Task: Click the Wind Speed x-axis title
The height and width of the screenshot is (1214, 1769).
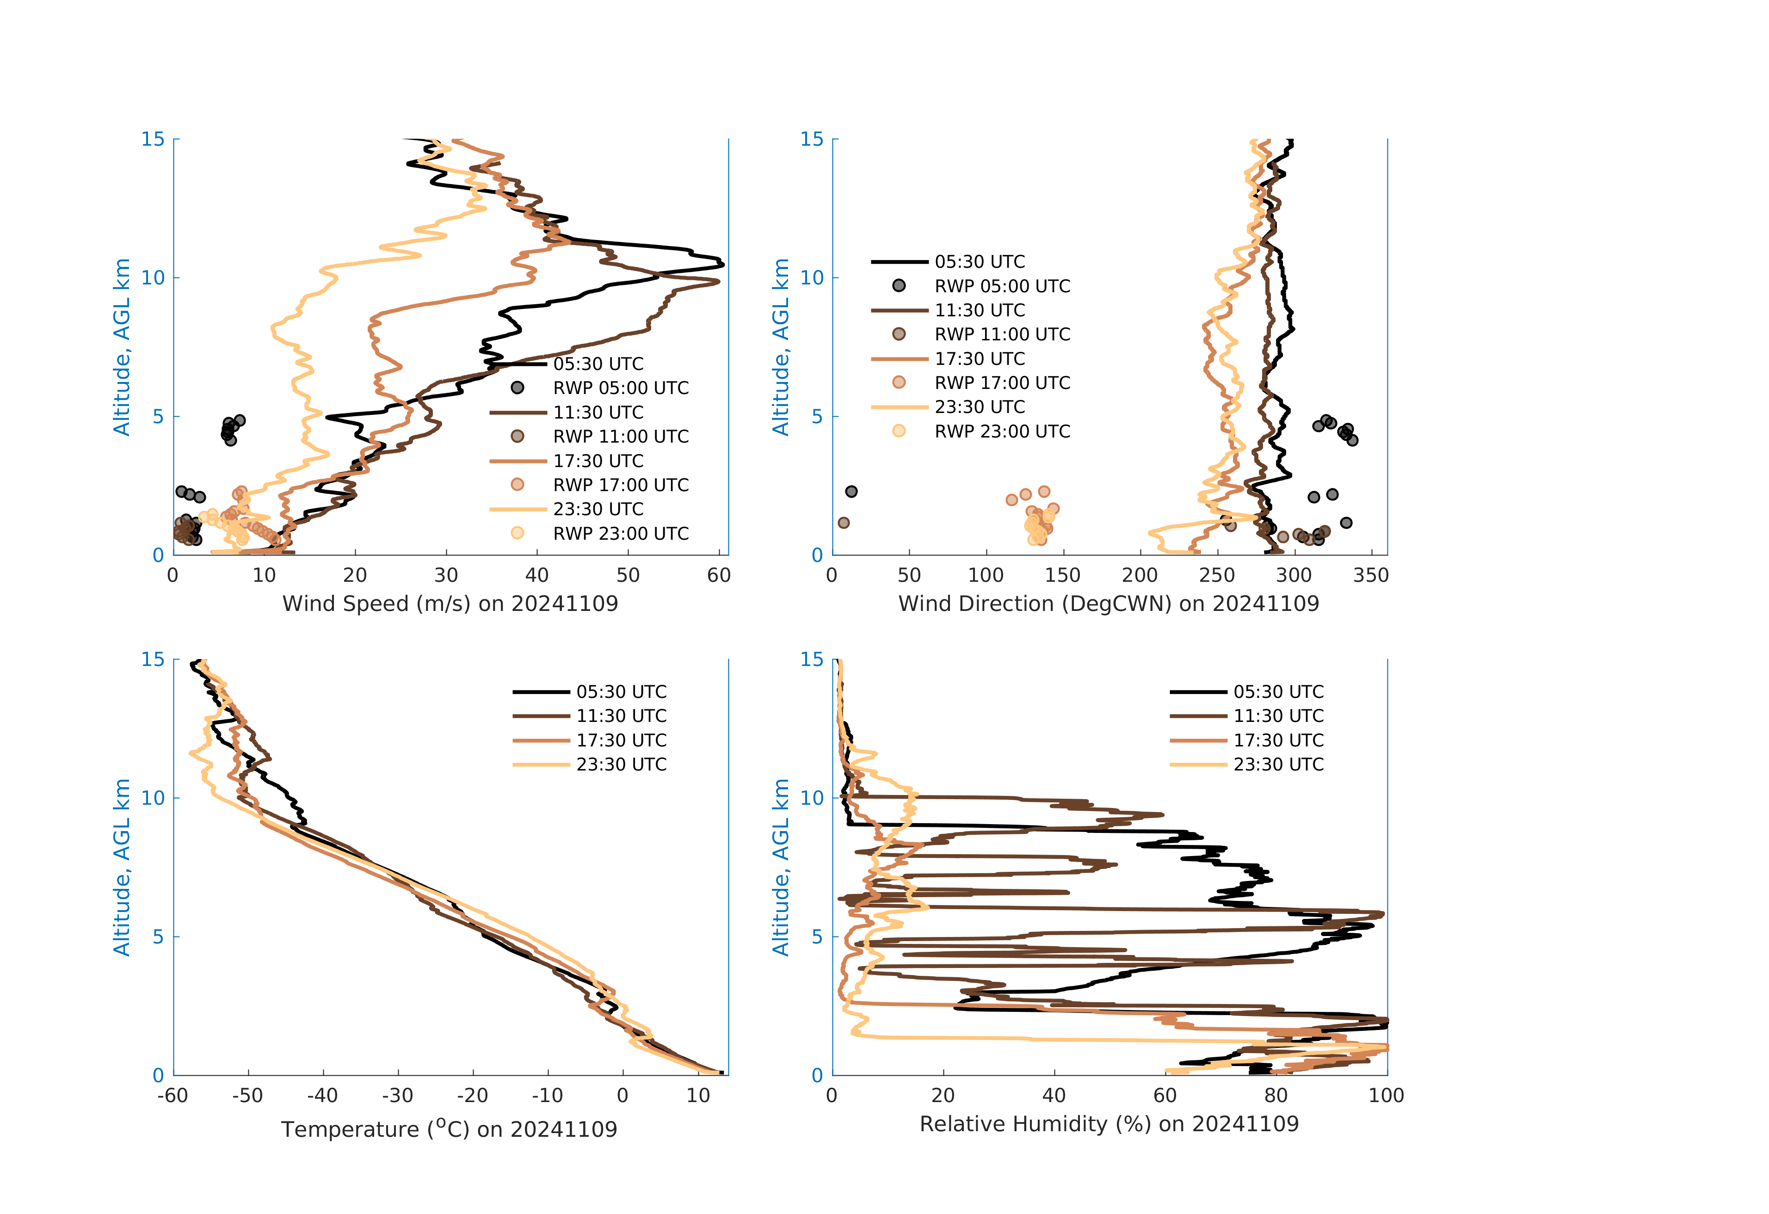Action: coord(450,604)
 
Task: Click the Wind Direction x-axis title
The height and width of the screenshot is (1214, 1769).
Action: coord(1108,604)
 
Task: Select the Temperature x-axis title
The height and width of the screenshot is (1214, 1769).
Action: coord(449,1129)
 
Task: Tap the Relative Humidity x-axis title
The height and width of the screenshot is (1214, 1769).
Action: coord(1108,1124)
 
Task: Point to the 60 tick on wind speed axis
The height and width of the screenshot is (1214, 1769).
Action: coord(719,575)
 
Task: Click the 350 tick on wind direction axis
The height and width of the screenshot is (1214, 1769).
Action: coord(1371,575)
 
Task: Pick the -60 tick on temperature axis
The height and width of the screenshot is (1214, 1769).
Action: coord(173,1096)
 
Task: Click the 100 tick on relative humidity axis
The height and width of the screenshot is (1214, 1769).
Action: coord(1386,1096)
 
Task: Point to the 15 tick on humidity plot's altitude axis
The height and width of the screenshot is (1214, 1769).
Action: coord(812,659)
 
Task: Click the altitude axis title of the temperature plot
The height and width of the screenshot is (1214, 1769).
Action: coord(122,867)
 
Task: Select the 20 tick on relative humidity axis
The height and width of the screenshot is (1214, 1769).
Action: coord(943,1096)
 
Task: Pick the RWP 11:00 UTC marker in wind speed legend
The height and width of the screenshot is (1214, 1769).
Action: coord(518,436)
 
